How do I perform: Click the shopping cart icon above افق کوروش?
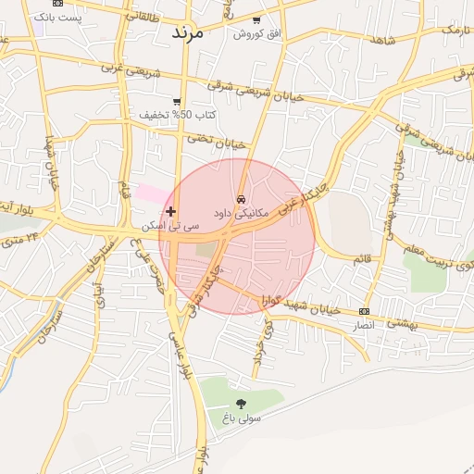tap(256, 20)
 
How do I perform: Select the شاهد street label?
tap(381, 40)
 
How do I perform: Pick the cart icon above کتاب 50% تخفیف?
tap(177, 102)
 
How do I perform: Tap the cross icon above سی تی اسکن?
tap(170, 212)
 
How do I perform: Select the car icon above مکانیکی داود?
tap(241, 199)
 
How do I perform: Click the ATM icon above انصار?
tap(364, 312)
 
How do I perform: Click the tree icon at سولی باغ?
tap(241, 404)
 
